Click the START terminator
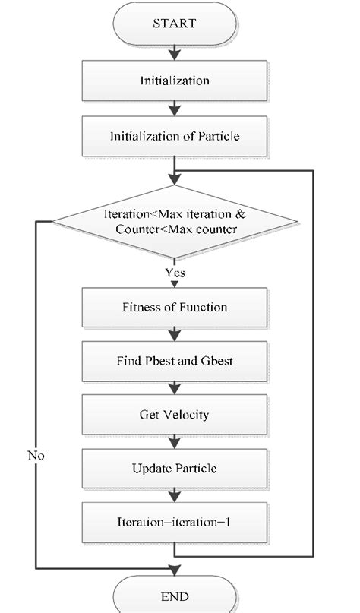pos(174,24)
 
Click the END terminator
pos(174,596)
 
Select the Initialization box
pos(175,81)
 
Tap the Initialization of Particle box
pos(175,137)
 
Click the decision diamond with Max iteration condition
pos(175,222)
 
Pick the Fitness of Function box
pos(175,308)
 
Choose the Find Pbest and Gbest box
pos(175,361)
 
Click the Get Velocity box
pos(175,415)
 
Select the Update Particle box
pos(175,469)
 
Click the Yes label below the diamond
pos(175,271)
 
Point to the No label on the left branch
pos(36,456)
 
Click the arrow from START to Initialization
pos(175,52)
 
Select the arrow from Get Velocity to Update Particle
pos(175,442)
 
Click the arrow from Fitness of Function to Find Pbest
pos(175,334)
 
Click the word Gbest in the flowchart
pos(216,361)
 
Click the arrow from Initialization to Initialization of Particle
pos(175,109)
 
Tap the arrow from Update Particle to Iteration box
pos(175,496)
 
